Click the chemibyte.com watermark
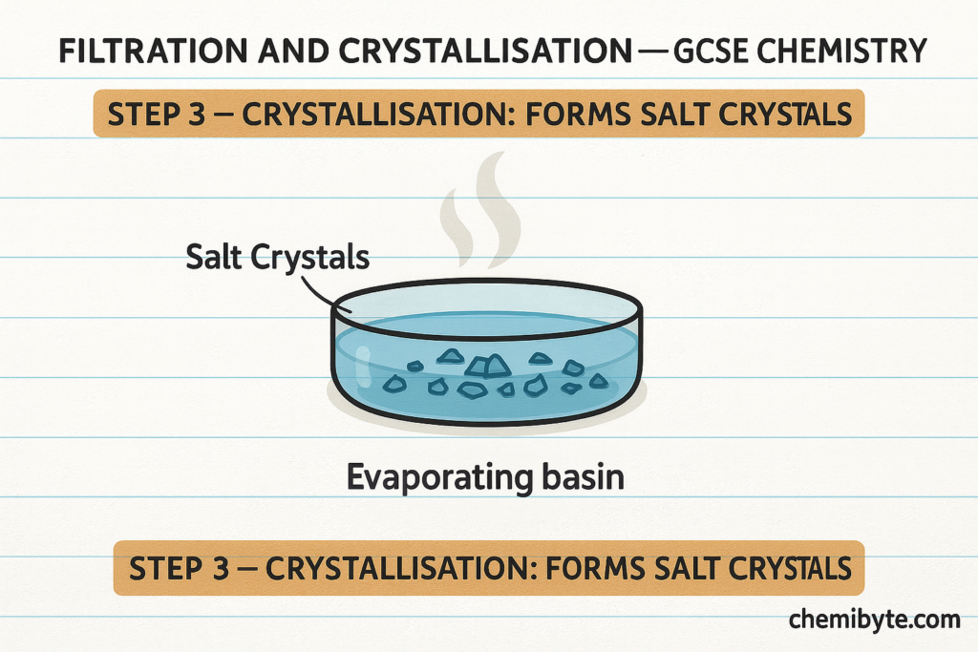pos(874,620)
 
